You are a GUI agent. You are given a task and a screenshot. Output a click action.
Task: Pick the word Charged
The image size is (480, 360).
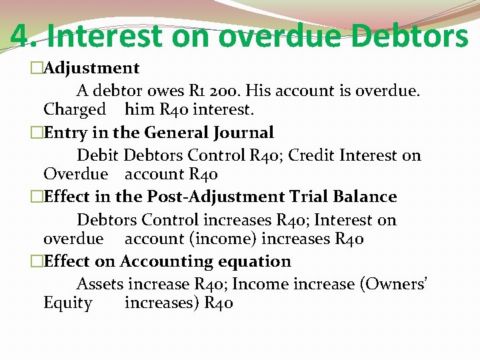pos(75,109)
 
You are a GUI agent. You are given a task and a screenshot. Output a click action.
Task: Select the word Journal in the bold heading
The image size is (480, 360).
pos(240,133)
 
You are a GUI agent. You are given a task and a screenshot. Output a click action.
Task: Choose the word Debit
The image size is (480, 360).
pos(97,155)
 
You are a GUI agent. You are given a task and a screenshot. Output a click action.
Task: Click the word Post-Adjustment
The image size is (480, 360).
pos(207,197)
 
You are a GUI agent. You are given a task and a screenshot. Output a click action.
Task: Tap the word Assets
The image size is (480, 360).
pos(100,284)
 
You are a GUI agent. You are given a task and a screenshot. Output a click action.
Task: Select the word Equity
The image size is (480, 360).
pos(68,303)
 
